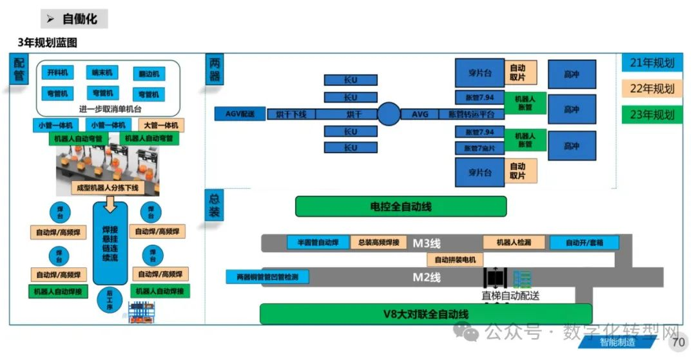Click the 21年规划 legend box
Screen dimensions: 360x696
[x=652, y=62]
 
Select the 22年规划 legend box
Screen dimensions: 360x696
[x=652, y=89]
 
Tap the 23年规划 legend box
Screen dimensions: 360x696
[x=652, y=115]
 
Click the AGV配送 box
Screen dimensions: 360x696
[x=240, y=114]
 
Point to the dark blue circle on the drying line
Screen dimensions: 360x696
[x=389, y=114]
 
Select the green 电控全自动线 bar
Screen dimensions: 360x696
[x=400, y=207]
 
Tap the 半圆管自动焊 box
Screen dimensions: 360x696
[x=318, y=243]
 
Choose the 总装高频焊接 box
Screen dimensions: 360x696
[x=379, y=243]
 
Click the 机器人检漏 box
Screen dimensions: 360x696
[x=514, y=243]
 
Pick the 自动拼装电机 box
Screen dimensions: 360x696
[x=455, y=260]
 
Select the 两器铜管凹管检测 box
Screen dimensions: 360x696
[x=267, y=277]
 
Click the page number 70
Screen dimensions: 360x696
[x=678, y=343]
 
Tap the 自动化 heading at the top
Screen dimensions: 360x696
[x=79, y=19]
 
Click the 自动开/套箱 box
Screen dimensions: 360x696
[x=584, y=243]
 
